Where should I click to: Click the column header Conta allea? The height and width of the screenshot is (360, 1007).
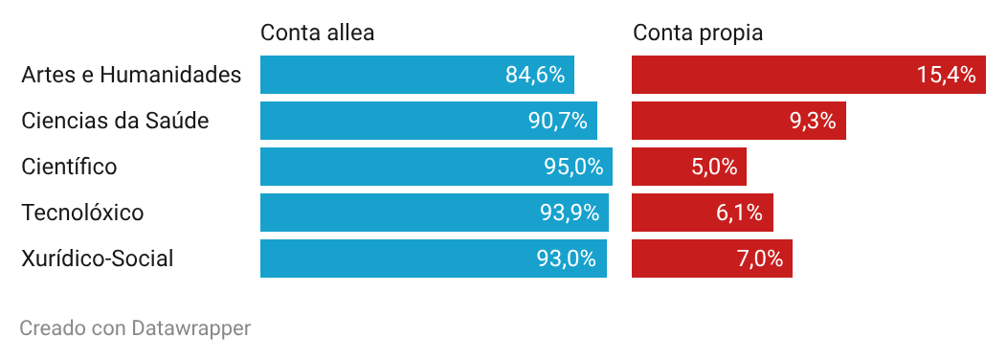tap(317, 33)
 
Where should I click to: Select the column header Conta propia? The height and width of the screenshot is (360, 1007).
tap(698, 33)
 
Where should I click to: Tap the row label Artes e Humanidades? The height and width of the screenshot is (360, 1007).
tap(131, 75)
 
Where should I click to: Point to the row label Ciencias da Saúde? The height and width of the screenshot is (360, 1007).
tap(115, 121)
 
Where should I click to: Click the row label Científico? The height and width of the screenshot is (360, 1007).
tap(69, 167)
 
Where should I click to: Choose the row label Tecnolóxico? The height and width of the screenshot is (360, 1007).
tap(82, 213)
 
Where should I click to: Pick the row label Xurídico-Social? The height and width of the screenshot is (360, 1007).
tap(98, 259)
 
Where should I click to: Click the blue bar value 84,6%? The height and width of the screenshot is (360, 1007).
tap(535, 75)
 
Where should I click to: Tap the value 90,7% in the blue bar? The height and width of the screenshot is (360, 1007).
tap(558, 121)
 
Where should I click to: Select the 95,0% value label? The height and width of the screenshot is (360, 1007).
tap(573, 167)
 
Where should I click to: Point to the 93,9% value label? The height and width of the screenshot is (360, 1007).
tap(570, 213)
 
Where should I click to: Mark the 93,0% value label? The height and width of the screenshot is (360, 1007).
tap(567, 259)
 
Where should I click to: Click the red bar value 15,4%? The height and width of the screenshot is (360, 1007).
tap(947, 75)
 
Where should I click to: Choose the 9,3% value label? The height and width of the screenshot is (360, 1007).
tap(813, 121)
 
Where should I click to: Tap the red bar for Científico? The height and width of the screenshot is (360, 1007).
tap(689, 167)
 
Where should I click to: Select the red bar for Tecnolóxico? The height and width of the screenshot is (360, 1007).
tap(703, 213)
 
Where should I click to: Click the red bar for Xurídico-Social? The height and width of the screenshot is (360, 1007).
tap(712, 259)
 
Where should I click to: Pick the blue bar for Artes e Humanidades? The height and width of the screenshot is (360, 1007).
tap(417, 75)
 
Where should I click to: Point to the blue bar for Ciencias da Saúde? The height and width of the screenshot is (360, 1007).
tap(429, 121)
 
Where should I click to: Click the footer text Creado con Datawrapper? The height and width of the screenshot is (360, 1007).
tap(135, 327)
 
